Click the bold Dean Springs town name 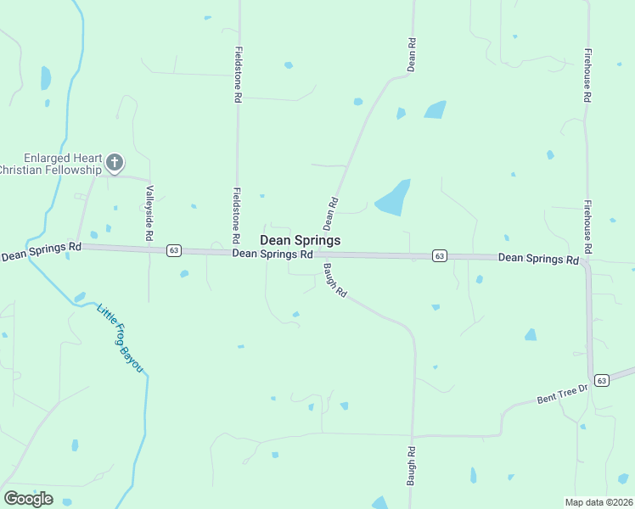click(300, 240)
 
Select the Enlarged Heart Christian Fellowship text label click(51, 165)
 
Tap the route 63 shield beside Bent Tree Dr click(601, 380)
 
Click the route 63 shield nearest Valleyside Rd click(173, 250)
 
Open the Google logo click(28, 499)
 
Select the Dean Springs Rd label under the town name click(273, 254)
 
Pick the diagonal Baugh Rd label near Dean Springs click(335, 280)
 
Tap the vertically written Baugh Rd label click(411, 466)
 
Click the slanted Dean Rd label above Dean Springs click(332, 213)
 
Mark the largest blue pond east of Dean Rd click(393, 199)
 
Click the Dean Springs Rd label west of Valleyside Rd click(41, 250)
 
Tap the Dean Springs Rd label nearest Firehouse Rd click(538, 258)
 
